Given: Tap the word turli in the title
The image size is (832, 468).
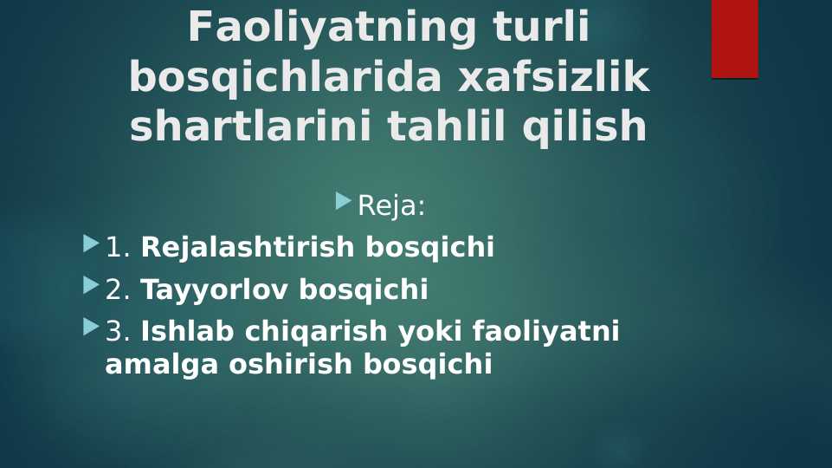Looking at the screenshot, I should [542, 28].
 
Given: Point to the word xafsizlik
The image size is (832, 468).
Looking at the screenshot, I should [553, 78].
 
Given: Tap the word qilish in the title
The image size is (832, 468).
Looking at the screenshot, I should [584, 127].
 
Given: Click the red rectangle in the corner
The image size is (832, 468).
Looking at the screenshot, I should [734, 38].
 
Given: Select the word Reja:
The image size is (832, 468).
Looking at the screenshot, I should [391, 206].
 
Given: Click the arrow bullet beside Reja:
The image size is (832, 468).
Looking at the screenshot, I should [343, 201].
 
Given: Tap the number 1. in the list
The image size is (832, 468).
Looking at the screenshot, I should [117, 248].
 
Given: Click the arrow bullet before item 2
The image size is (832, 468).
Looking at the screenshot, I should [91, 285].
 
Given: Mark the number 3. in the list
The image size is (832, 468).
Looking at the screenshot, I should [117, 332].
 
